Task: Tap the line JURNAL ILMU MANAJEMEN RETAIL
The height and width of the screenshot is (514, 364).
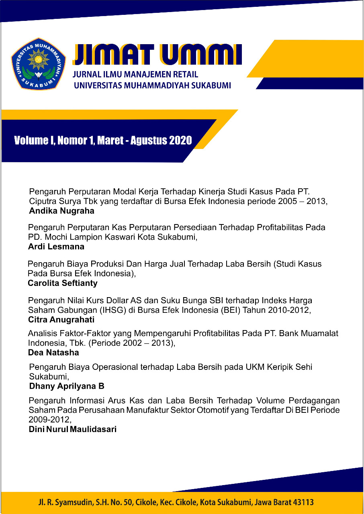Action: point(136,75)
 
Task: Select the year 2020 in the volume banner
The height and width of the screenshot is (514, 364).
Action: point(180,140)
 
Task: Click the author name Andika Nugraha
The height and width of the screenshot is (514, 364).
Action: point(61,210)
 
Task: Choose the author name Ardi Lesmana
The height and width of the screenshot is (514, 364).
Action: point(56,247)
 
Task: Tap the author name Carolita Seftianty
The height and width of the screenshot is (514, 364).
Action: point(62,283)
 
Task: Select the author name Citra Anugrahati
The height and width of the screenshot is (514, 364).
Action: point(61,320)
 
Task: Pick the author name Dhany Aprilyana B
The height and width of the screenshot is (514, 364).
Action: point(67,386)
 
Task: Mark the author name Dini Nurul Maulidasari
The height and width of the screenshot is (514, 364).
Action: point(73,429)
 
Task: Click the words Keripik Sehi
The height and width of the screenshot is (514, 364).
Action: point(287,367)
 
